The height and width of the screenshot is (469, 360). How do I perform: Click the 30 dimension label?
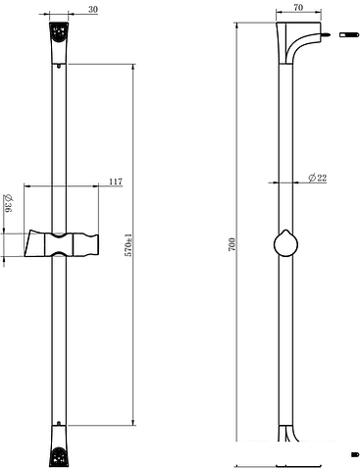pyautogui.click(x=93, y=10)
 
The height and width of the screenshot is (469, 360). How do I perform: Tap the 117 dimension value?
pyautogui.click(x=116, y=182)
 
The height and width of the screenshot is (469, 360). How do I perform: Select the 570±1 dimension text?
pyautogui.click(x=129, y=245)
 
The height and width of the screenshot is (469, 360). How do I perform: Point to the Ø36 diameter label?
pyautogui.click(x=8, y=203)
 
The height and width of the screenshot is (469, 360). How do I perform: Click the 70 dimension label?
pyautogui.click(x=298, y=8)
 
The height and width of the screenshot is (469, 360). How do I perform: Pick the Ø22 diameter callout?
pyautogui.click(x=318, y=178)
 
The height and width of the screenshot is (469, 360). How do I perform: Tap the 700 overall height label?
pyautogui.click(x=231, y=244)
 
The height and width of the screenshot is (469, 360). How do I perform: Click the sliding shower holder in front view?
pyautogui.click(x=62, y=243)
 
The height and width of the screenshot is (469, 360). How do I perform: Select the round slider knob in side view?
pyautogui.click(x=285, y=243)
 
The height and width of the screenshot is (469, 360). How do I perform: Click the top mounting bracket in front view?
pyautogui.click(x=59, y=42)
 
